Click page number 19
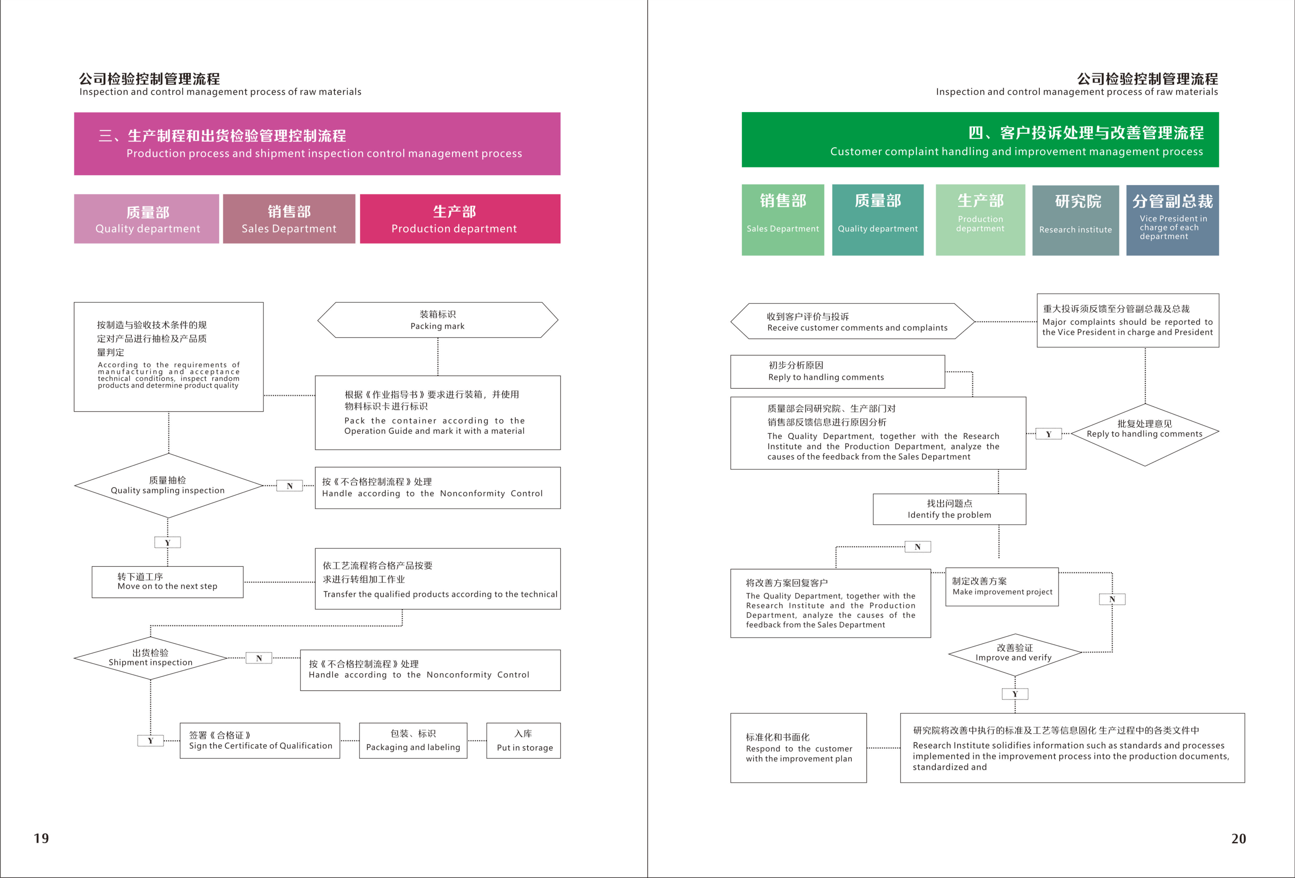pos(41,838)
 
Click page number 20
pos(1238,838)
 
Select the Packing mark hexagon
pos(437,320)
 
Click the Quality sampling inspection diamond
pos(168,485)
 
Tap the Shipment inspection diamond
pos(150,658)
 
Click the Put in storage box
pos(524,741)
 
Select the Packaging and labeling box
pos(413,741)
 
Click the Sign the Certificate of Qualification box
pos(260,741)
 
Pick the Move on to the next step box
pos(167,582)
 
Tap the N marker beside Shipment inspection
pos(259,658)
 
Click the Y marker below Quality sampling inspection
pos(167,542)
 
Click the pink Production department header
pos(460,219)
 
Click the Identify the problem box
pos(949,509)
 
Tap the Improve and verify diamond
pos(1014,653)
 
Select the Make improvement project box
pos(1002,587)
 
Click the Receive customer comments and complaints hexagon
pos(853,322)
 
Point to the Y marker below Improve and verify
pos(1015,694)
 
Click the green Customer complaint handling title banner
pos(980,140)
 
